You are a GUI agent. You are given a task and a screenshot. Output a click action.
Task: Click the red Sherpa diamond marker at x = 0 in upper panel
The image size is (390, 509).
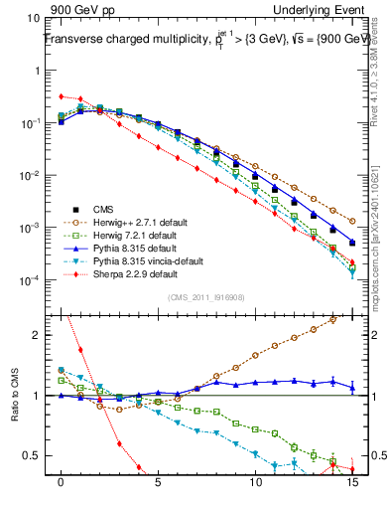pos(62,96)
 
